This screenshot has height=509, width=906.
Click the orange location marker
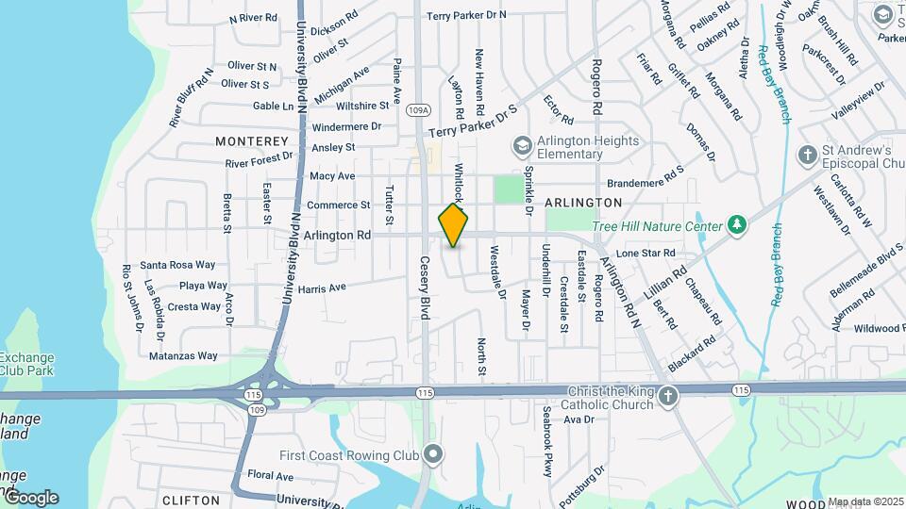(x=453, y=225)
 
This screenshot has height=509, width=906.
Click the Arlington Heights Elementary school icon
(x=521, y=146)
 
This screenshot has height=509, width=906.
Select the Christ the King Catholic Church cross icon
(x=668, y=395)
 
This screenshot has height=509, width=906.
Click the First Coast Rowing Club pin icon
(x=433, y=455)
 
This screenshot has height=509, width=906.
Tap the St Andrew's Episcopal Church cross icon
(x=807, y=155)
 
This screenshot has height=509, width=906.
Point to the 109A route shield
(x=419, y=110)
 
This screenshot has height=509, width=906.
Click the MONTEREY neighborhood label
(x=250, y=141)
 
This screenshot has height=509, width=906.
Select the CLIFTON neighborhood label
(x=192, y=500)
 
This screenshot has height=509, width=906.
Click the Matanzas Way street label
(x=183, y=356)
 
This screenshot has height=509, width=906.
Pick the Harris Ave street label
(x=322, y=287)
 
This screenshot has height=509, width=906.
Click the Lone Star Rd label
(x=646, y=254)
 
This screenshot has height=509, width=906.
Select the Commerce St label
(x=339, y=205)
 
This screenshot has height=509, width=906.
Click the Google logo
(x=30, y=498)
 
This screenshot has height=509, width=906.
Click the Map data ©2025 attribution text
(x=865, y=501)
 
